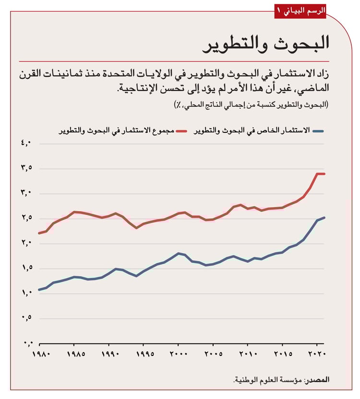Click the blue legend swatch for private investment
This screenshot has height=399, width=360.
coord(320,130)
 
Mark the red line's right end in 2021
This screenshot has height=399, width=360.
coord(324,174)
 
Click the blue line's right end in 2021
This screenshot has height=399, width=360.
coord(324,217)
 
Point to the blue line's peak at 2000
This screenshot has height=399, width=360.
coord(178,253)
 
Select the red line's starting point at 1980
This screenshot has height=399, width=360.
coord(39,233)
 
